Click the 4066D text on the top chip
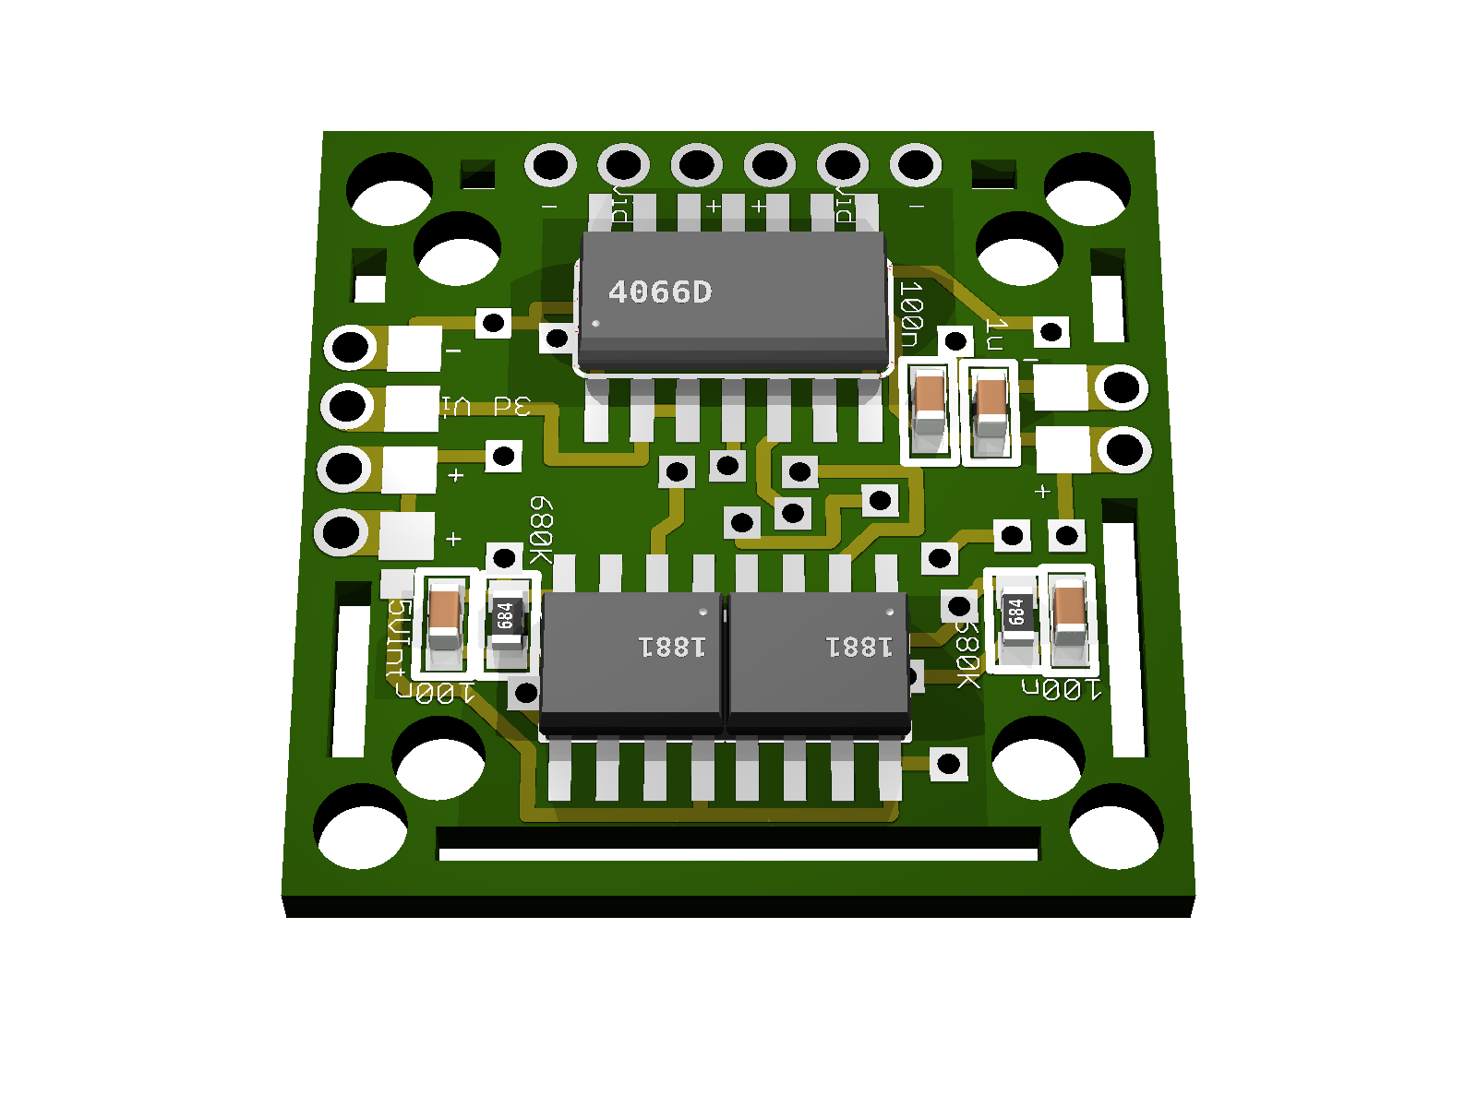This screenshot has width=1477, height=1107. pos(659,292)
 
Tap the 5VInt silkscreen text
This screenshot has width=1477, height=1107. pos(397,639)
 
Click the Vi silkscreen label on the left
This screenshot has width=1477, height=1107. pos(456,406)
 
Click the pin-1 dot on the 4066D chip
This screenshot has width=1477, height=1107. pos(595,324)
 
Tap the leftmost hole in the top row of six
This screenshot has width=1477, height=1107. pos(551,166)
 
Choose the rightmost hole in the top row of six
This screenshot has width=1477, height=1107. pos(915,166)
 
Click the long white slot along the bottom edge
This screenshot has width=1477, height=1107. pos(738,854)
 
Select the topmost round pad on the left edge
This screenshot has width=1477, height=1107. pos(351,348)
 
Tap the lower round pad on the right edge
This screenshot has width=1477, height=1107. pos(1123,450)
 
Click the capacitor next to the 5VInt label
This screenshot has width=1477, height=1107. pos(445,615)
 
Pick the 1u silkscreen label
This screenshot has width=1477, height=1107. pos(995,334)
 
